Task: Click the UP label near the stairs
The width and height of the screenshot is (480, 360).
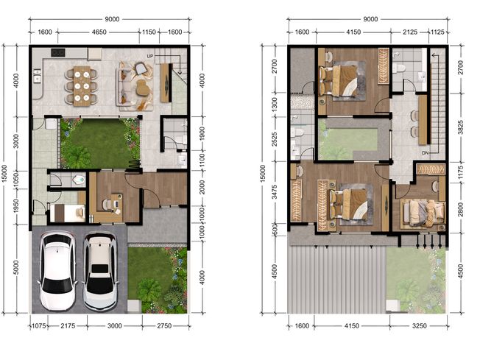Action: point(149,57)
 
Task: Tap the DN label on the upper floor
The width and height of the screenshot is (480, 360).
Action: point(425,152)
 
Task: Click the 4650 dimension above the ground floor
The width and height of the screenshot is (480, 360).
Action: point(99,32)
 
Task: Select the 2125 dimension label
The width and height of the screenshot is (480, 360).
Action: point(410,32)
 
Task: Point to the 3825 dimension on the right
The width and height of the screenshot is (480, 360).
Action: point(460,127)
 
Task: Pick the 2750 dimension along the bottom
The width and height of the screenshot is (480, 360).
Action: point(164,326)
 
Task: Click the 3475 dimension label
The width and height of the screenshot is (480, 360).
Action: point(275,191)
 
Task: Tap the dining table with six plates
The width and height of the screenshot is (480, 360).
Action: point(82,86)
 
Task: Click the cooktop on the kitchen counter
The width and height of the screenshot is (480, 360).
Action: point(58,52)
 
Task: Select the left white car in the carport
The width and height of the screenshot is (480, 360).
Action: point(57,271)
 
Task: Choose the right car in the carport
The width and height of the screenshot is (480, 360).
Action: point(100,272)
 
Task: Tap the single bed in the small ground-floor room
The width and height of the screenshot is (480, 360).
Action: point(67,213)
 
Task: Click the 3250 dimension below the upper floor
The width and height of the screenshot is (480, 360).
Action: point(419,326)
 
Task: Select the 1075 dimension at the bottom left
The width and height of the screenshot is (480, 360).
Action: point(39,326)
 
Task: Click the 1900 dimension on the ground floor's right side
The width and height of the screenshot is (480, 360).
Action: point(202,134)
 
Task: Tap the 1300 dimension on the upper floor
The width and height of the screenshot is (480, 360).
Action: point(275,105)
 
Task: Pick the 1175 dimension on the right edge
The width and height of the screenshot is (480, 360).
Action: point(460,173)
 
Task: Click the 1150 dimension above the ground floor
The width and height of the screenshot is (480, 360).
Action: point(149,32)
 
